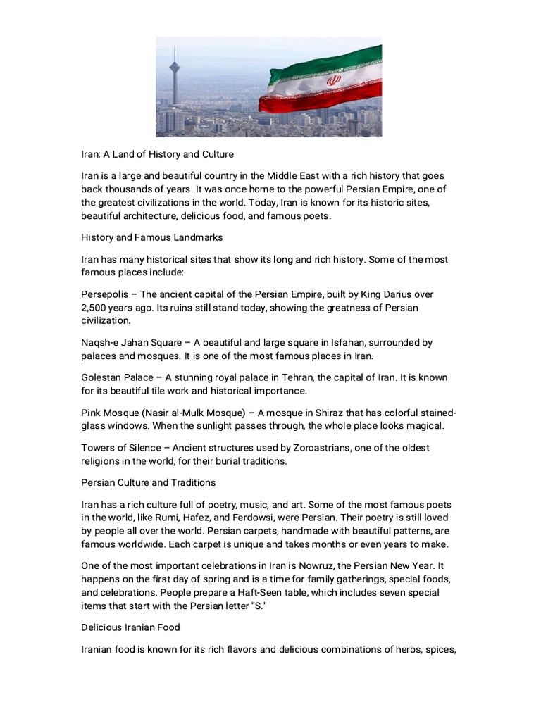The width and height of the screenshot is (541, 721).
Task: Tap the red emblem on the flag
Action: pyautogui.click(x=332, y=82)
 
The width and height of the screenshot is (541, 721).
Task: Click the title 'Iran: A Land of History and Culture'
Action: pyautogui.click(x=157, y=153)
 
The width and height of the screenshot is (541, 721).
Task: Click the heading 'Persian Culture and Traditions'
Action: pyautogui.click(x=148, y=483)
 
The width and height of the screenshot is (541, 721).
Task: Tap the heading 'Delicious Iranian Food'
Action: pyautogui.click(x=130, y=627)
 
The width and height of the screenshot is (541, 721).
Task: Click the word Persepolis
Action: pyautogui.click(x=105, y=294)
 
